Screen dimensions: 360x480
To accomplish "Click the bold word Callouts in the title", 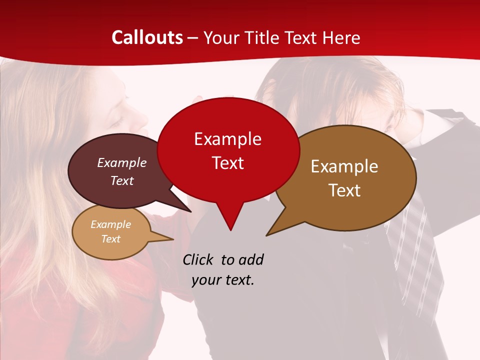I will point(147,37).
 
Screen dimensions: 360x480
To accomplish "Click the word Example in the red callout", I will point(227,139).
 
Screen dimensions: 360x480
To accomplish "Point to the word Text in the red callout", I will point(227,163).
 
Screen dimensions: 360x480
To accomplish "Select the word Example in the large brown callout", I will point(344,166).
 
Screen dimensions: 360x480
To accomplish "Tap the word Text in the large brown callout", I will point(344,190).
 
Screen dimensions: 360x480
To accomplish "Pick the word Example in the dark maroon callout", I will point(122,162).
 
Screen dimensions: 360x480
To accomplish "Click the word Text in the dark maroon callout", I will point(122,180).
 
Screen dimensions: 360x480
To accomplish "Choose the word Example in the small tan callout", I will point(110,224).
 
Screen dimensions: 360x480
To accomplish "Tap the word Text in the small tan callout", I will point(110,239).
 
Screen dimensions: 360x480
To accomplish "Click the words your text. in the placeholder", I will point(223,280).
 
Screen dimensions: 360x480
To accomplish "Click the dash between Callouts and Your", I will point(193,38).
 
